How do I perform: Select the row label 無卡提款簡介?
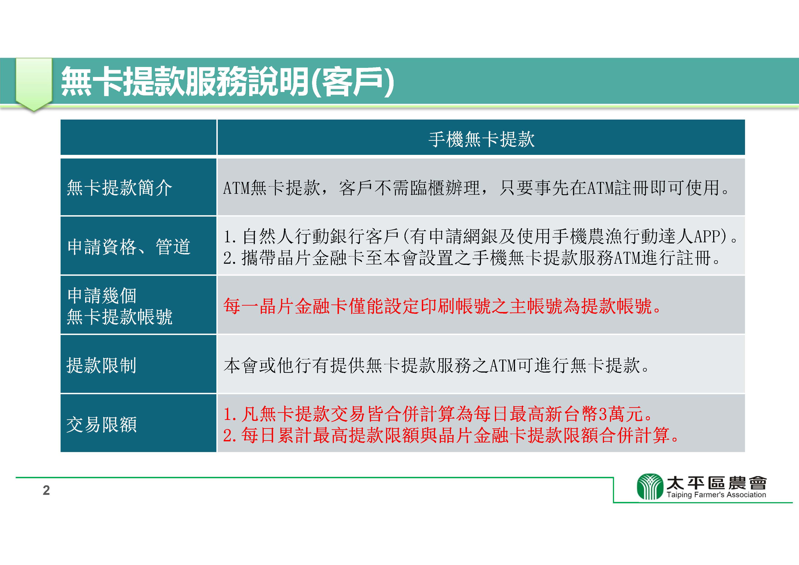tap(119, 188)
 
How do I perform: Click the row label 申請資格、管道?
tap(129, 247)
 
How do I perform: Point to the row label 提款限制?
tap(101, 365)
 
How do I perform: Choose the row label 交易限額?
tap(101, 424)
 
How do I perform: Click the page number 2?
tap(46, 490)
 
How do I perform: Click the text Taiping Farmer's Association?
tap(716, 494)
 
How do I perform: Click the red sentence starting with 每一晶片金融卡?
tap(442, 306)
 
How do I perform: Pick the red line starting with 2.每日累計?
tap(451, 435)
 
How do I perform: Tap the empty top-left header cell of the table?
tap(138, 137)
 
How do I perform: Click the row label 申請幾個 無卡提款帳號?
tap(119, 306)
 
